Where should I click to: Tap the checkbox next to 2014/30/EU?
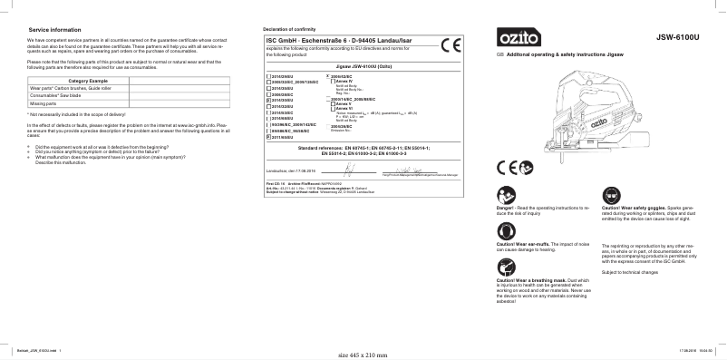267,100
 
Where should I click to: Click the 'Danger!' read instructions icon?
504,194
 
